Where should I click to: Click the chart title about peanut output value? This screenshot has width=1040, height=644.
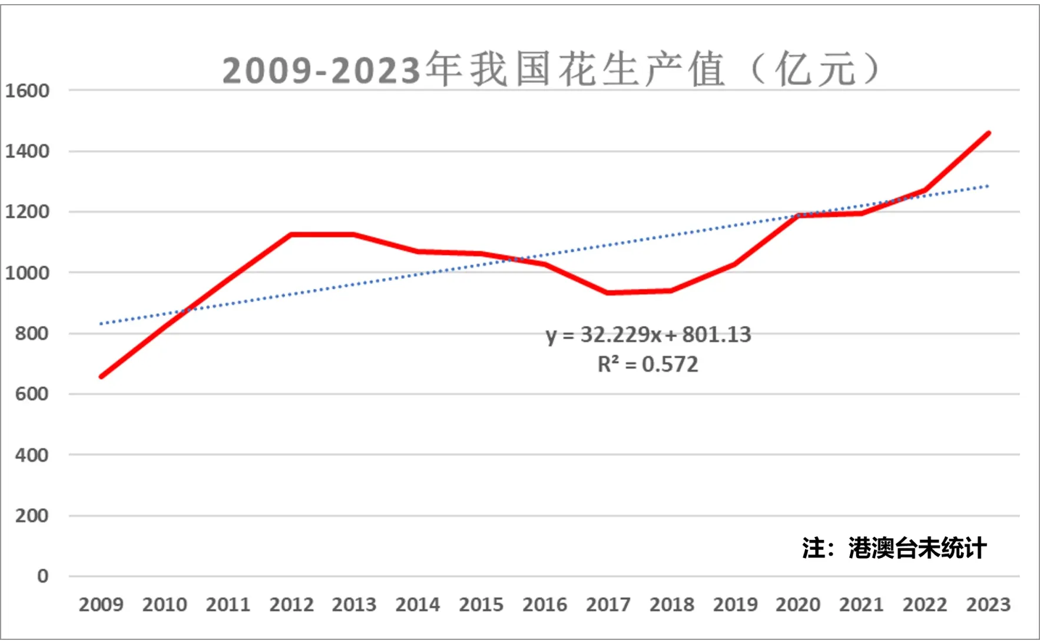click(551, 69)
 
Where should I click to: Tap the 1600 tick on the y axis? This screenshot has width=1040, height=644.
click(27, 91)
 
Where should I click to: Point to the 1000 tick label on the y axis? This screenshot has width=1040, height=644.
click(27, 273)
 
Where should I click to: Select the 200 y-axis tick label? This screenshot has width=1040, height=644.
click(32, 516)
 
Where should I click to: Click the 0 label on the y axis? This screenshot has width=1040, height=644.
click(42, 576)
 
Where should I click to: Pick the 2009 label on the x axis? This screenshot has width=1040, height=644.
click(101, 605)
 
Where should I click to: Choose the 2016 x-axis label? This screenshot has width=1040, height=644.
click(544, 605)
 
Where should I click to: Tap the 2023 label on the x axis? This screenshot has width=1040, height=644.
click(988, 605)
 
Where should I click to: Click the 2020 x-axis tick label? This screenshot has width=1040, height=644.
click(797, 605)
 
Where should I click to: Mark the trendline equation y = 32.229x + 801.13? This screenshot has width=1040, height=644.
click(648, 334)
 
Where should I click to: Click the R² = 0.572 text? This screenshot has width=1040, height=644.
click(648, 364)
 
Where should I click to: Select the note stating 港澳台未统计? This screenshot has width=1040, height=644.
click(893, 548)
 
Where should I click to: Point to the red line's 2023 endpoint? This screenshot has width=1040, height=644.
click(988, 134)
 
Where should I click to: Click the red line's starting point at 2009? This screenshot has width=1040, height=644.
click(102, 376)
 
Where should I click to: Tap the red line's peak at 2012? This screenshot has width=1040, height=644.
click(292, 234)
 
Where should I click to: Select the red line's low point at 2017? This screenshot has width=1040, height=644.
click(608, 293)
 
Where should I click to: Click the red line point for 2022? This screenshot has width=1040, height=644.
click(925, 191)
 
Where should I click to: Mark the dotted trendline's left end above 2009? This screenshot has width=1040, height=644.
click(102, 324)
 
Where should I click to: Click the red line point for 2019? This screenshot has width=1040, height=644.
click(734, 264)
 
